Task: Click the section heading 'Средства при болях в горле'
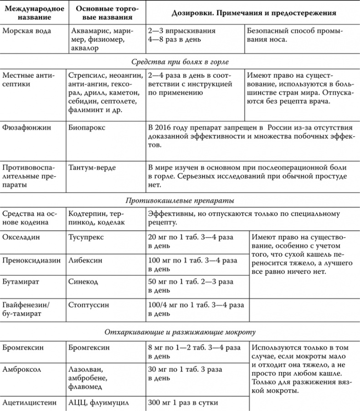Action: tap(180, 62)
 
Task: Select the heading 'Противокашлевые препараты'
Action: tap(180, 200)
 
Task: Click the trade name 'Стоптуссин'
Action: tap(88, 304)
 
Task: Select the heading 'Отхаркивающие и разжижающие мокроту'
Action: tap(180, 332)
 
